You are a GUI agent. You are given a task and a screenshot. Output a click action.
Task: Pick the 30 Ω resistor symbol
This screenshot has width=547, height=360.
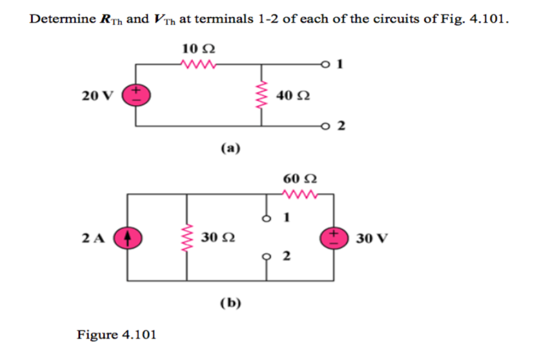click(187, 237)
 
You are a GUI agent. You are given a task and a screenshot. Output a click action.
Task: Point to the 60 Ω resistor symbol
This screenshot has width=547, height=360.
click(300, 194)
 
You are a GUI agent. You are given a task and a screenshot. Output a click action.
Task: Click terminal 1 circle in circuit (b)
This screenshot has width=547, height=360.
click(267, 218)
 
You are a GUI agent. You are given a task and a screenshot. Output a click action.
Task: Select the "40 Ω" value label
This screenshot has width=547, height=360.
click(293, 95)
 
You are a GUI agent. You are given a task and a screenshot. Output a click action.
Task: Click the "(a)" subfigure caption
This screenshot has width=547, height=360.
click(230, 148)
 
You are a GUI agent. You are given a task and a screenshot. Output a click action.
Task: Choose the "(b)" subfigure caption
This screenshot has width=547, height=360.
click(230, 303)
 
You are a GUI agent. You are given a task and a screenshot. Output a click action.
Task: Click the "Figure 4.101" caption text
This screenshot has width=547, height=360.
click(117, 335)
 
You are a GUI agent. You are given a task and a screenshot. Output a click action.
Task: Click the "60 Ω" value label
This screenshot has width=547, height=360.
click(300, 178)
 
